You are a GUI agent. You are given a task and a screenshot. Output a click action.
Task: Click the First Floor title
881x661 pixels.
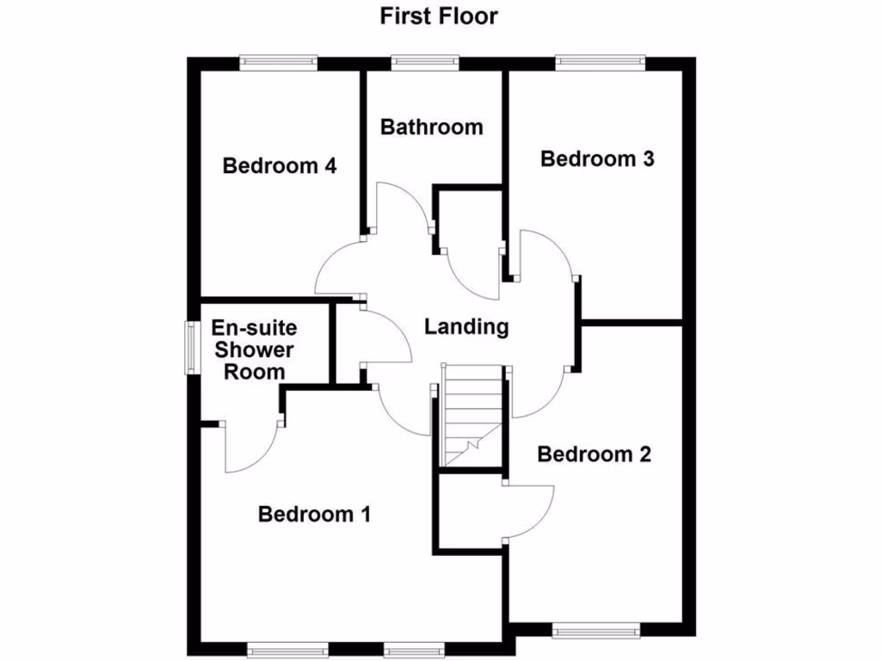(439, 16)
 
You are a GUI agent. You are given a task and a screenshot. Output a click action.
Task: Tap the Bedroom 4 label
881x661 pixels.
(279, 165)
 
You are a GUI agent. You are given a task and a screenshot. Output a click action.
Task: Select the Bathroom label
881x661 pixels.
(431, 127)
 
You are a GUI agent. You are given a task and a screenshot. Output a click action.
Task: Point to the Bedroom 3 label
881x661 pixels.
(597, 158)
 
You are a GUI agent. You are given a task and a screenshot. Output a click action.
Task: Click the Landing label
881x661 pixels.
(467, 327)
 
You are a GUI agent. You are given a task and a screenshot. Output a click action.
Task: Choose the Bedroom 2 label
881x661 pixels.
(594, 454)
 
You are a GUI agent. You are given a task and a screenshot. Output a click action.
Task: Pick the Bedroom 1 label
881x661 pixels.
(314, 515)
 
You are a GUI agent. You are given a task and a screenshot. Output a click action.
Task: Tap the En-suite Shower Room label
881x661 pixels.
(254, 350)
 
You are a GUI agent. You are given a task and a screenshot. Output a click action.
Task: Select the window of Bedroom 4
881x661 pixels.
(279, 62)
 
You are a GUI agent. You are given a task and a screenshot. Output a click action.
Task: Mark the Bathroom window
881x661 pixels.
(424, 62)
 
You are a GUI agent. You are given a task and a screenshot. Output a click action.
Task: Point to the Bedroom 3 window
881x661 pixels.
(600, 62)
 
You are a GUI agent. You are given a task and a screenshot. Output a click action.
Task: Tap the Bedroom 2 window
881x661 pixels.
(596, 630)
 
